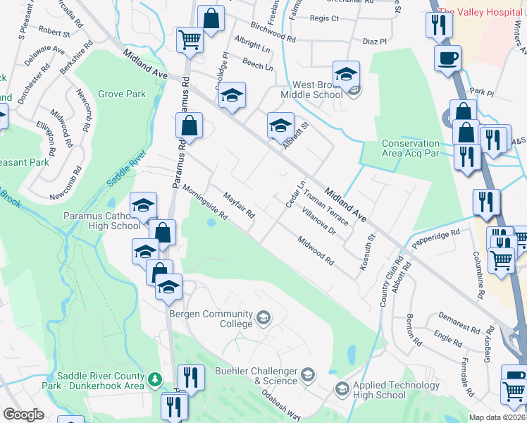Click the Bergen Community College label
click(x=209, y=319)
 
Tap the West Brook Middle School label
click(x=311, y=90)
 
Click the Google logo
click(x=23, y=415)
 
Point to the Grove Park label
click(x=122, y=94)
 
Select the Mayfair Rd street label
click(x=238, y=204)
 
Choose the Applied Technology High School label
click(x=380, y=390)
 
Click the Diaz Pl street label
click(x=374, y=42)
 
